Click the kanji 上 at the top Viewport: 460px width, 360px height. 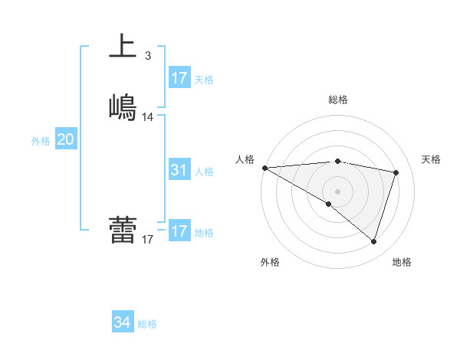(123, 45)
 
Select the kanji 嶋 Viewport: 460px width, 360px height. (123, 106)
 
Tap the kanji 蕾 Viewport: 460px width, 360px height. (123, 229)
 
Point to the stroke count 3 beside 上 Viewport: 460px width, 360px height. (148, 56)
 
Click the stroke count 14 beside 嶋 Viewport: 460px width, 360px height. (148, 117)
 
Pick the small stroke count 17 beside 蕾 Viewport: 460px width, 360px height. (148, 240)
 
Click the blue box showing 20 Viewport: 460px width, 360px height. (66, 139)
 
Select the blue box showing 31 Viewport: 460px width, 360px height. (179, 170)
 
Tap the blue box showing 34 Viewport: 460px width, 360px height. (123, 323)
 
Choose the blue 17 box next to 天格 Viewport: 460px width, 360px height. (179, 78)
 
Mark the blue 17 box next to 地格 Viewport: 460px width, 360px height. (179, 231)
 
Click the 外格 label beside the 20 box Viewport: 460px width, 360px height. (41, 141)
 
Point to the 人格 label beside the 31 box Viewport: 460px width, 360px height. (205, 172)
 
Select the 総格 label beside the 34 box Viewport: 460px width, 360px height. (148, 325)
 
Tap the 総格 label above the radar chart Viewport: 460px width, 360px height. (338, 100)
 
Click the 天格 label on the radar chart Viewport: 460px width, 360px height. (432, 159)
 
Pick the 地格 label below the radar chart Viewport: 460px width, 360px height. (402, 262)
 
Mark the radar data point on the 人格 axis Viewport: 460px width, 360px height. (264, 167)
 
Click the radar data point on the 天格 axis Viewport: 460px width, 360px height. (396, 172)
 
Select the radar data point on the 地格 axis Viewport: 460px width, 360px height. (373, 241)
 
